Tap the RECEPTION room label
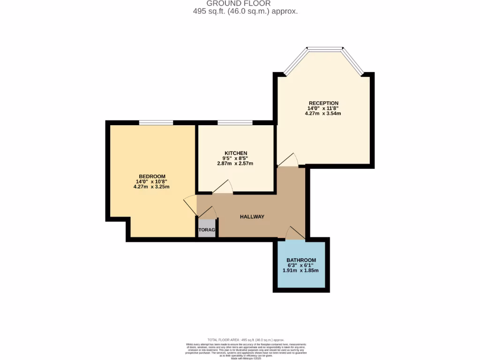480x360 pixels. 323,103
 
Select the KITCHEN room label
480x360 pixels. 235,153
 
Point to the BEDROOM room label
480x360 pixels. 152,176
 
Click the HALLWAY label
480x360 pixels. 252,217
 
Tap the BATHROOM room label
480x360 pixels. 301,260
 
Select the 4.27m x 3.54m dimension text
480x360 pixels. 323,113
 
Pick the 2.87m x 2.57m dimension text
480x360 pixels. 235,164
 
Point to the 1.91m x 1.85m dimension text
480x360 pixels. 301,270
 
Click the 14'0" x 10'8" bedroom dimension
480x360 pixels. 152,181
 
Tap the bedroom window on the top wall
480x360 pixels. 156,123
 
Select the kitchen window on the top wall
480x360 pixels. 235,123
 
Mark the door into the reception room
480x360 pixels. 288,160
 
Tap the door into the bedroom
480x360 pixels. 190,204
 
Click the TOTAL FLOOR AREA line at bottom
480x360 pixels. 246,340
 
